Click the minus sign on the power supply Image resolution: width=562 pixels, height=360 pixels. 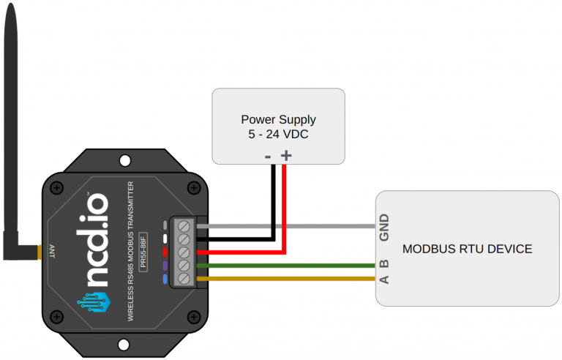pyautogui.click(x=268, y=155)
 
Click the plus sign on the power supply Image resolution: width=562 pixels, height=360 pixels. pyautogui.click(x=286, y=155)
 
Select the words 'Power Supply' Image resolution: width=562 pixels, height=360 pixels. pyautogui.click(x=278, y=119)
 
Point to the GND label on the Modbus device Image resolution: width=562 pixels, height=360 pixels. pyautogui.click(x=384, y=228)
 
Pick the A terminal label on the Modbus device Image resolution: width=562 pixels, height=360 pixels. pyautogui.click(x=384, y=279)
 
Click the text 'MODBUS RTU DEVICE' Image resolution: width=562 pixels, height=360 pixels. pyautogui.click(x=467, y=250)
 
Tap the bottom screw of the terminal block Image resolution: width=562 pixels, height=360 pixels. pyautogui.click(x=184, y=278)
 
